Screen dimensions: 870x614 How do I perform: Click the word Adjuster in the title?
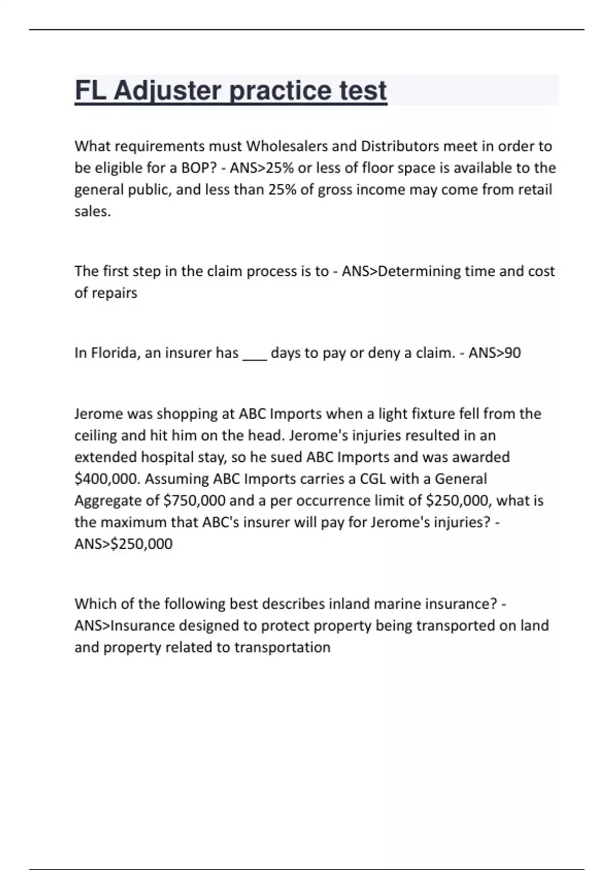tap(167, 91)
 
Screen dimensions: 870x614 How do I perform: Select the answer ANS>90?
tap(494, 353)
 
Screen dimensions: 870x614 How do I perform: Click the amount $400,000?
tap(107, 479)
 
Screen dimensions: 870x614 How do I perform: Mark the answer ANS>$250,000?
tap(123, 543)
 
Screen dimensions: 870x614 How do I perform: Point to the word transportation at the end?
tap(282, 647)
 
